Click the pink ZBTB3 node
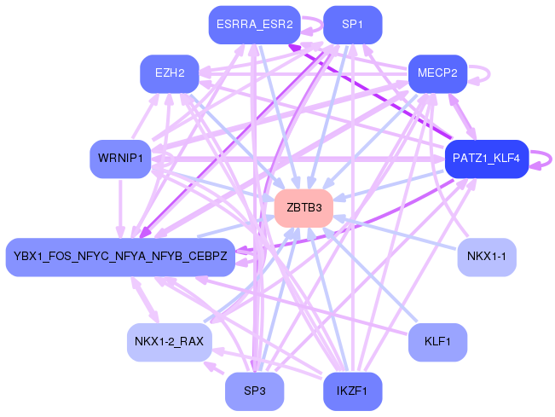pyautogui.click(x=303, y=208)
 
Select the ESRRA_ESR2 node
pyautogui.click(x=255, y=25)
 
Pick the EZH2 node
pyautogui.click(x=170, y=74)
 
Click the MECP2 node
pyautogui.click(x=437, y=74)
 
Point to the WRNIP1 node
pyautogui.click(x=120, y=159)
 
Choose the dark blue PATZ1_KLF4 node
pyautogui.click(x=487, y=159)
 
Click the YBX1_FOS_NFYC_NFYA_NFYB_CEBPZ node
pyautogui.click(x=120, y=257)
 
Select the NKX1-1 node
pyautogui.click(x=487, y=257)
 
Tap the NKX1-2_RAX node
pyautogui.click(x=169, y=342)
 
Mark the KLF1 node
pyautogui.click(x=437, y=342)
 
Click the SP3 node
pyautogui.click(x=254, y=391)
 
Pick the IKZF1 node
pyautogui.click(x=353, y=391)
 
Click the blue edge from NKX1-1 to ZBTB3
pyautogui.click(x=401, y=231)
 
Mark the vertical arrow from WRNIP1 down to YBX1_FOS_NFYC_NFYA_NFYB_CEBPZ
pyautogui.click(x=120, y=209)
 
